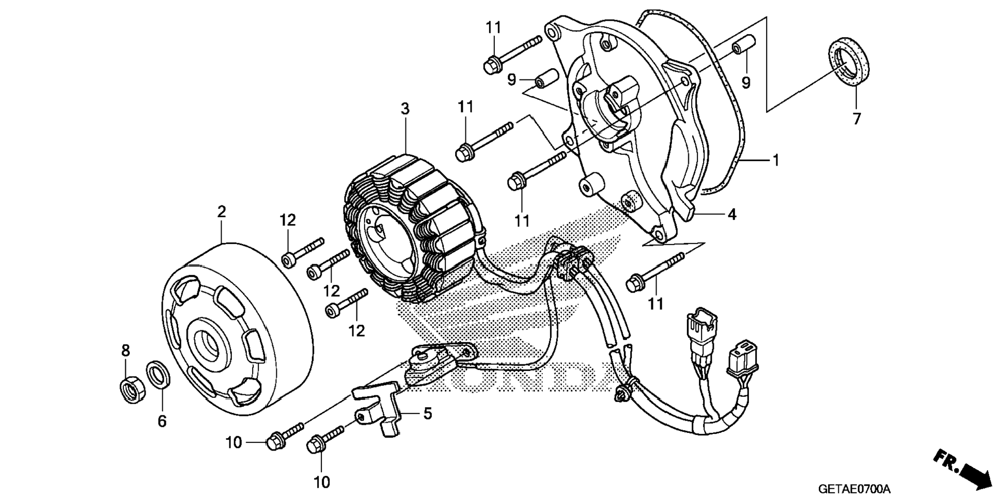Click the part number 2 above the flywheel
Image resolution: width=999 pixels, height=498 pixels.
(x=222, y=212)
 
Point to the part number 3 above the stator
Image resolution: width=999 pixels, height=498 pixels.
(x=405, y=109)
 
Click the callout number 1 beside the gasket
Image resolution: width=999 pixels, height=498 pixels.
(x=775, y=160)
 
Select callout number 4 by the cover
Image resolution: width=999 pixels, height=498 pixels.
(x=731, y=214)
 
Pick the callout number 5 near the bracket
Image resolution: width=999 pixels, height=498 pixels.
(x=427, y=413)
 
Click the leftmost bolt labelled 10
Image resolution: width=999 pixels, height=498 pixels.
(x=283, y=435)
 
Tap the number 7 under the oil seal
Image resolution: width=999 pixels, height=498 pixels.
(x=856, y=119)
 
